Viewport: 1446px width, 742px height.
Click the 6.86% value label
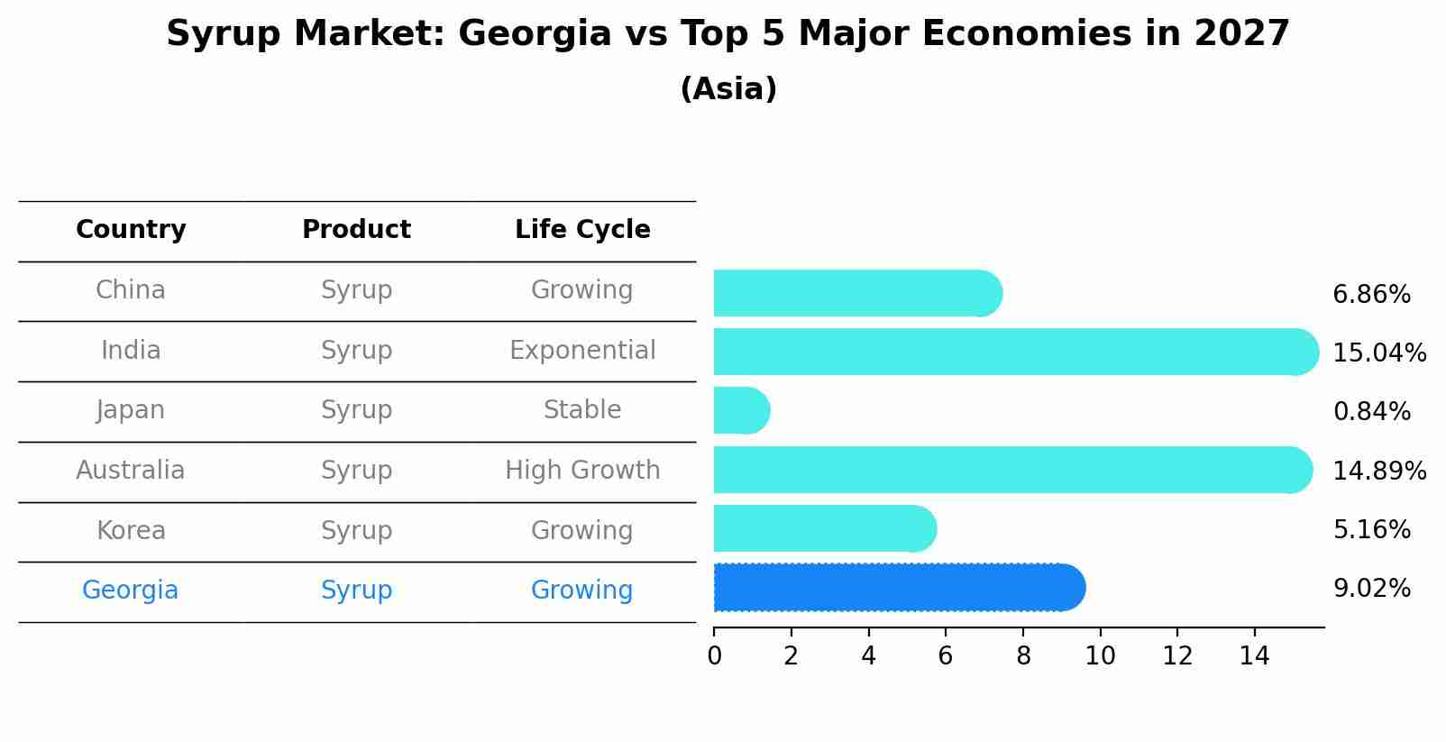click(1370, 295)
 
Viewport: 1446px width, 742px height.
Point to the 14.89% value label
click(1378, 471)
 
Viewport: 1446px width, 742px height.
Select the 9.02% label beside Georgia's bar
click(1370, 589)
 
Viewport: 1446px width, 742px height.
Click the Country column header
click(131, 230)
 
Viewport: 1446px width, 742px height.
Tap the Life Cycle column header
click(582, 230)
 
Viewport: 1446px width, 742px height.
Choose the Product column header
click(356, 230)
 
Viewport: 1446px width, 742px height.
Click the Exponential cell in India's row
click(582, 351)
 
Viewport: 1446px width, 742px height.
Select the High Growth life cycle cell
click(582, 471)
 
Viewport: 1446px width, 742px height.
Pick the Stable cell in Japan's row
click(582, 410)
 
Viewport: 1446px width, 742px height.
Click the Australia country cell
click(131, 471)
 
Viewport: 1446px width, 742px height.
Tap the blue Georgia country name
click(131, 591)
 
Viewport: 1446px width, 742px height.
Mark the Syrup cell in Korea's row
click(356, 531)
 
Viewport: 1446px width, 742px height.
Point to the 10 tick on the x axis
click(1100, 656)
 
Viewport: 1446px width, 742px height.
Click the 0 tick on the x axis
click(714, 656)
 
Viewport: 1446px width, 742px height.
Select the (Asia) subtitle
click(728, 89)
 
